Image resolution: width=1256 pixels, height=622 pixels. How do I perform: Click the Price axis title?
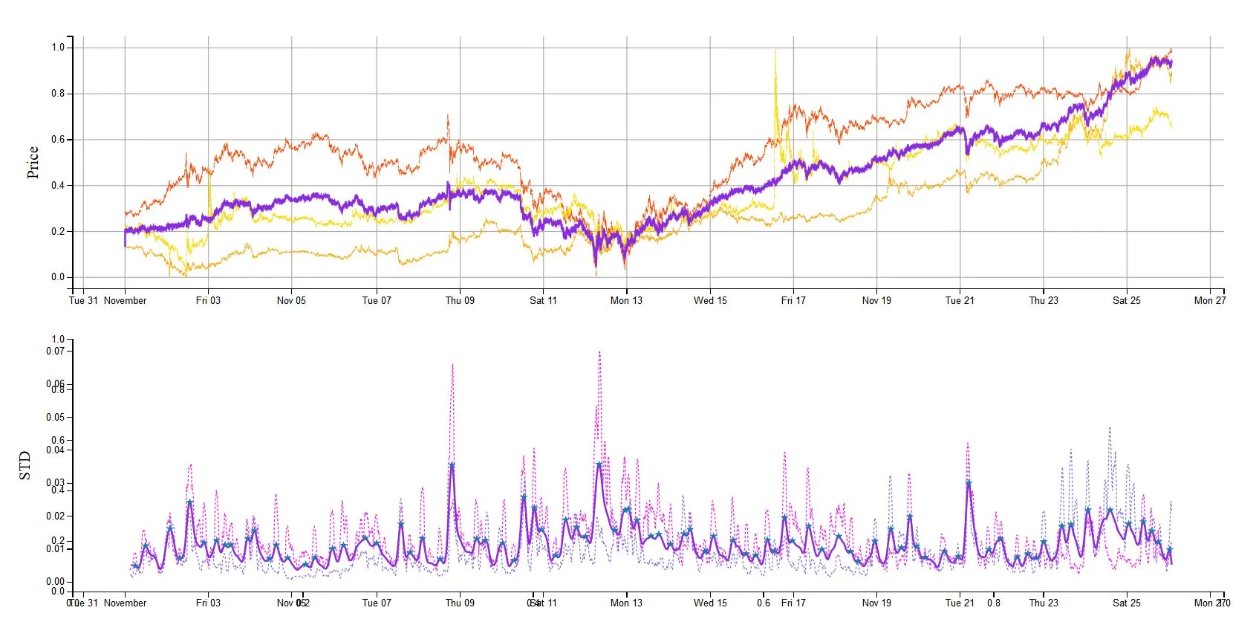point(33,162)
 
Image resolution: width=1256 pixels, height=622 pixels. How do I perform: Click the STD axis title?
point(25,465)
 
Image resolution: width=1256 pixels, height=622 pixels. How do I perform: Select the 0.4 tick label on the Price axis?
point(58,186)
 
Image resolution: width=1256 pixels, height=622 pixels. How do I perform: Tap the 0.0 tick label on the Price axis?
point(58,277)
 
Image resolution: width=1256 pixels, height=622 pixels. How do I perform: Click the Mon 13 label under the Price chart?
point(626,301)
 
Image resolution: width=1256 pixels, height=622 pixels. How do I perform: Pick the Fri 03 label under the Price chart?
point(208,301)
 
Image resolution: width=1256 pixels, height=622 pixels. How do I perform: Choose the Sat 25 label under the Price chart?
point(1126,301)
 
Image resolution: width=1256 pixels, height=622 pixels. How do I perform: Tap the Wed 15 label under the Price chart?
point(710,301)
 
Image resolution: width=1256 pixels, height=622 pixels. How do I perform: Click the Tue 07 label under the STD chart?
point(376,603)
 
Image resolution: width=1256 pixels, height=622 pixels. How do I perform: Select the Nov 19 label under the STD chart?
point(876,603)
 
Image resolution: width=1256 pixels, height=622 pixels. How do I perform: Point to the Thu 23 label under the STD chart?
point(1043,603)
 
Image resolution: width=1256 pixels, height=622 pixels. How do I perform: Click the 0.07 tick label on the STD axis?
point(56,351)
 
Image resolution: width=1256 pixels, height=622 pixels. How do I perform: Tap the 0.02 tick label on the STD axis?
point(56,516)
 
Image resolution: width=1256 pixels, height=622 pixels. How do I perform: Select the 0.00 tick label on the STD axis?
point(56,582)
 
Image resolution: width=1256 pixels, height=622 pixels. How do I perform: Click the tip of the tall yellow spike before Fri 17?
point(775,51)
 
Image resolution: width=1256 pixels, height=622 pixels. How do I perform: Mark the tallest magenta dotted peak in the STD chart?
point(599,352)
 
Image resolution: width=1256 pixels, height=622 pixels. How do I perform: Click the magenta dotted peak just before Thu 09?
point(452,364)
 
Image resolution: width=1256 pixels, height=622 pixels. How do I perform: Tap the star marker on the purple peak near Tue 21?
point(969,483)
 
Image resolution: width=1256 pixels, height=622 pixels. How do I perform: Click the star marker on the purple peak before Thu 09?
point(452,465)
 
